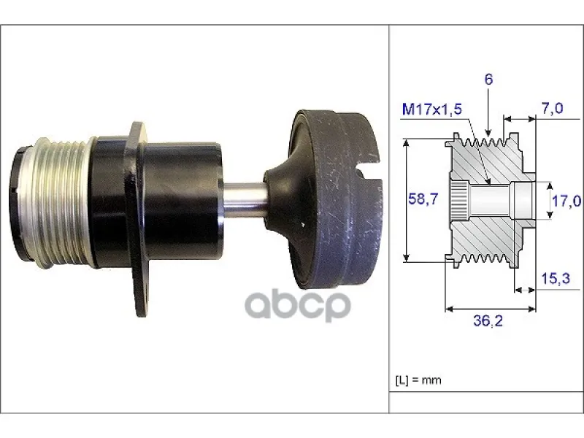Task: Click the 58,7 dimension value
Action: pyautogui.click(x=423, y=199)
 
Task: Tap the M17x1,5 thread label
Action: pyautogui.click(x=432, y=109)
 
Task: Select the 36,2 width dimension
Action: pyautogui.click(x=488, y=320)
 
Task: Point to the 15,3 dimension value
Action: pyautogui.click(x=556, y=278)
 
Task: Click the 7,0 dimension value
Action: pyautogui.click(x=553, y=108)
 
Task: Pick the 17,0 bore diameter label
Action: pyautogui.click(x=566, y=201)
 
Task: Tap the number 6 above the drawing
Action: pyautogui.click(x=488, y=79)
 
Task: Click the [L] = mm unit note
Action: pyautogui.click(x=418, y=380)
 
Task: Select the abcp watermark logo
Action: pyautogui.click(x=298, y=305)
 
